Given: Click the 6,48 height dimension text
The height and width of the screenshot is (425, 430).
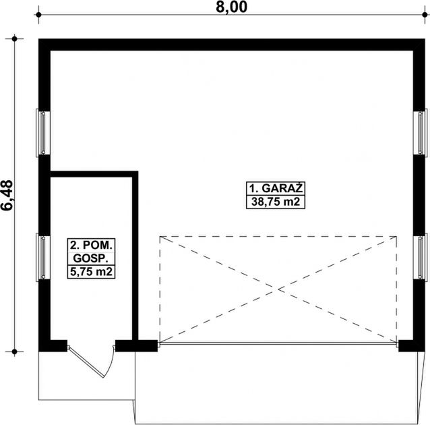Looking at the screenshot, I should tap(9, 196).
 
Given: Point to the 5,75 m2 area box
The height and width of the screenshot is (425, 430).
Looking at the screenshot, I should tap(90, 272).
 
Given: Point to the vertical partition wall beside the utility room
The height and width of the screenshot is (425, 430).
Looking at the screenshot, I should tap(135, 256).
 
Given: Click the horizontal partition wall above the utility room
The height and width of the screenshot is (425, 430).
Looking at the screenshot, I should tap(94, 173).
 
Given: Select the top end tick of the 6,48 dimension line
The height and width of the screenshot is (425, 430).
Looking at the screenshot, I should tap(14, 39).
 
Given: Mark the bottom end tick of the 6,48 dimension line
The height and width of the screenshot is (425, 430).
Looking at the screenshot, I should tap(14, 351).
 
